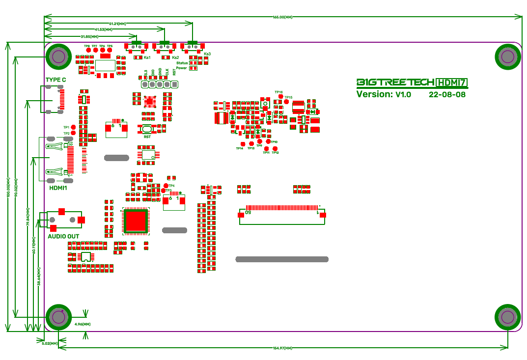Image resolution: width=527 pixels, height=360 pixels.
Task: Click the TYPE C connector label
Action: point(55,80)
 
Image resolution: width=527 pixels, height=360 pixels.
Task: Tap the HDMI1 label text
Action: point(58,188)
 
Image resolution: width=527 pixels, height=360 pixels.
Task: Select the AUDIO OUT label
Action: point(63,237)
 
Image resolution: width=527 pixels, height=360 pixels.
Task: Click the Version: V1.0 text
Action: point(384,94)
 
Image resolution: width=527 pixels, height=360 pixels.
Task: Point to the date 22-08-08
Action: point(447,94)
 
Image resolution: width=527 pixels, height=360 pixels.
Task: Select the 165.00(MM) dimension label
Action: point(282,17)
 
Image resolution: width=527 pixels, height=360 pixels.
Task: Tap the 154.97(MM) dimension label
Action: point(282,348)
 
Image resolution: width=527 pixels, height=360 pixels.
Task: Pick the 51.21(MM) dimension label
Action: point(117,24)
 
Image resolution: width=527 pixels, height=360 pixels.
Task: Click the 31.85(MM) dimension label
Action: point(89,37)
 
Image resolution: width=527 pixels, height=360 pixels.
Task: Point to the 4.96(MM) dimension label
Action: point(83,325)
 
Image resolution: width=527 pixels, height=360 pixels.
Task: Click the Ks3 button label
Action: point(207,54)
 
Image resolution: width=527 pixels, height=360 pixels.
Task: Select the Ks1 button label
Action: point(147,58)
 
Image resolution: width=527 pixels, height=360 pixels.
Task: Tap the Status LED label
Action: point(181,63)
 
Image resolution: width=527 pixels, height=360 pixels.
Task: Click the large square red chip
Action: point(136,220)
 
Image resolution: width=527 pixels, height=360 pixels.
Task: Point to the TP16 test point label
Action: point(278,92)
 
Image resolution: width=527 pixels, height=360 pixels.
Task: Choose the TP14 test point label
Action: point(239,148)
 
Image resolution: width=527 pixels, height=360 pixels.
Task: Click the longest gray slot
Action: point(282,259)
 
